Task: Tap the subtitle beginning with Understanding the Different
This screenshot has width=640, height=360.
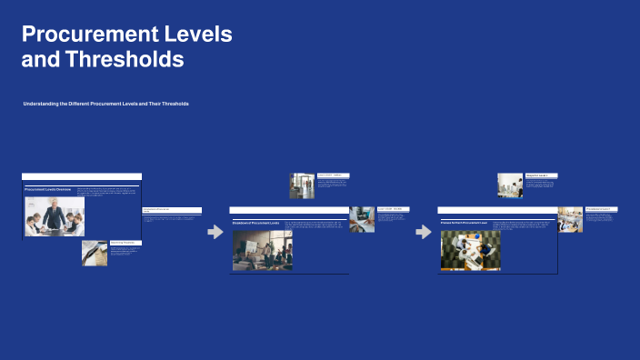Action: (106, 105)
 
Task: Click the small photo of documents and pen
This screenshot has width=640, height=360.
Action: (94, 252)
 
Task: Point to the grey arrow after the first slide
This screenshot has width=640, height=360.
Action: (215, 232)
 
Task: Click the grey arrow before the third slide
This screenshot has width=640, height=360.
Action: (424, 232)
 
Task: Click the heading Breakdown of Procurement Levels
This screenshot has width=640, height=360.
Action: (256, 223)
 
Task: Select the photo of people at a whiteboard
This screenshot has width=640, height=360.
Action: (263, 250)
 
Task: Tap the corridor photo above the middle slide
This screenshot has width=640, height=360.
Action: (302, 185)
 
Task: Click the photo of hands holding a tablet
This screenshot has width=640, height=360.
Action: (362, 219)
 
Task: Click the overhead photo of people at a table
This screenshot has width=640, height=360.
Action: (470, 250)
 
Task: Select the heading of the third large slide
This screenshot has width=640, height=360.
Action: (465, 223)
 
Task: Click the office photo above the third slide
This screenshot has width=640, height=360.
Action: (510, 185)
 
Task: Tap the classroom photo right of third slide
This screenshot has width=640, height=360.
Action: (570, 219)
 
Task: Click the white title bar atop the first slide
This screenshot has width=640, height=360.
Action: (82, 176)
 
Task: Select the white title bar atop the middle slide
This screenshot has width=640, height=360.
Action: (289, 210)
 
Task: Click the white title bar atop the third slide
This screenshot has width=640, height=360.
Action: (496, 210)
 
